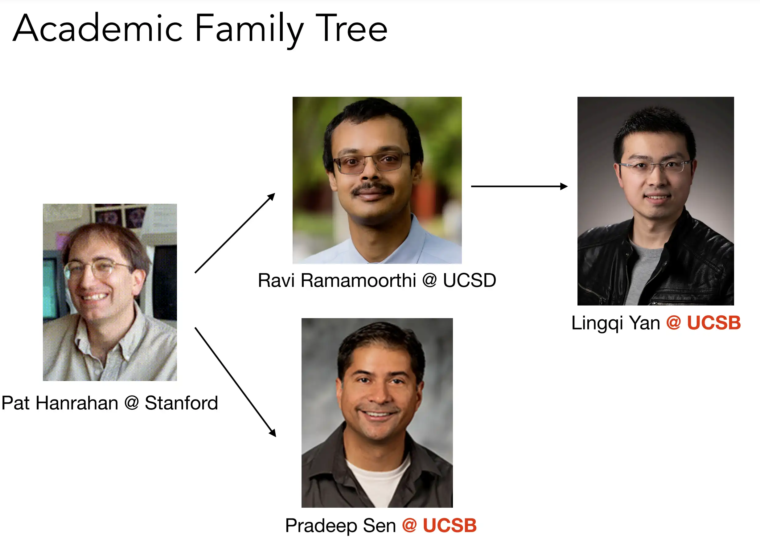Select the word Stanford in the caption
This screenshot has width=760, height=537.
(181, 403)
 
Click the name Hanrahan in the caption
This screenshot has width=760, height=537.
(77, 403)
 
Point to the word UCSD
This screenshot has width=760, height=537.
(469, 280)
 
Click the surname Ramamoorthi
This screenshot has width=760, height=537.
(358, 280)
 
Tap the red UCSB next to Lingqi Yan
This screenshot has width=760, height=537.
(714, 322)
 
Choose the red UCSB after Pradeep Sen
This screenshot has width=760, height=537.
(450, 525)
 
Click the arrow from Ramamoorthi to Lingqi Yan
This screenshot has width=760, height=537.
(519, 186)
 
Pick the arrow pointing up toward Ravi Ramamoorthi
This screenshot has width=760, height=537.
(235, 233)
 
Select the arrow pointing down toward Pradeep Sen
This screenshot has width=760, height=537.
(235, 382)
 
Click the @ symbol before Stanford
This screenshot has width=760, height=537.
(131, 403)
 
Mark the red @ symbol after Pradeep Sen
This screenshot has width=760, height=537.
(409, 525)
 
